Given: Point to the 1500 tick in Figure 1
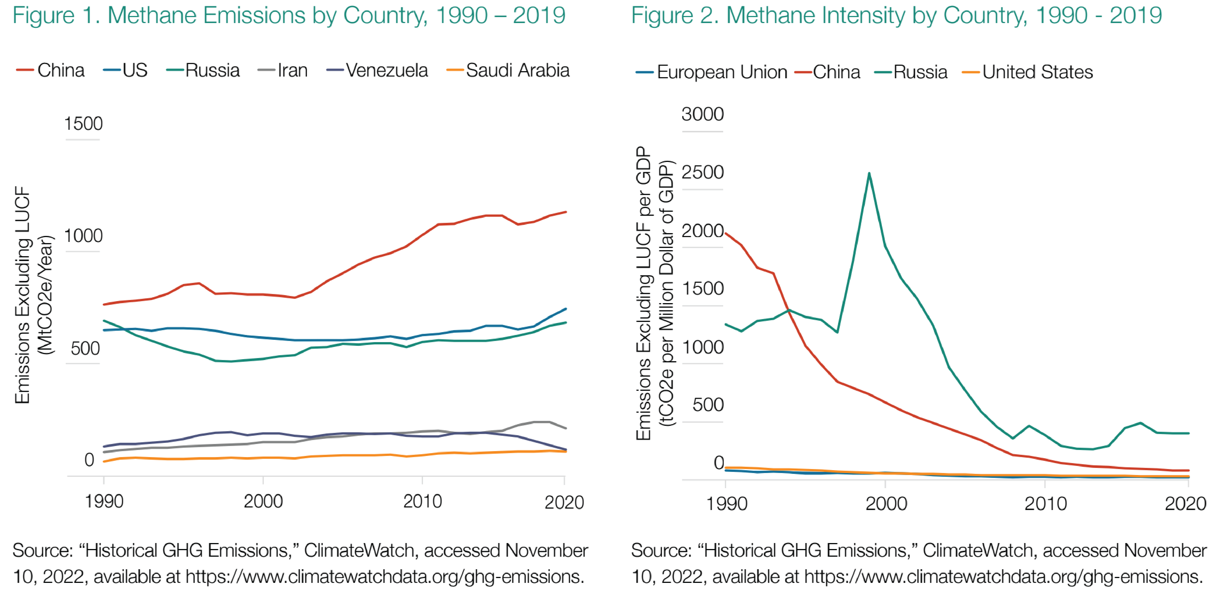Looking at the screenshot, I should click(83, 124).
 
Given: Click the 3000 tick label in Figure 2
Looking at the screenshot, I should click(702, 114).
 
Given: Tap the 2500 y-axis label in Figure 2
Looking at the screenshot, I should click(702, 172).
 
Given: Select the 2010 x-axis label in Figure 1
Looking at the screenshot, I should click(422, 501).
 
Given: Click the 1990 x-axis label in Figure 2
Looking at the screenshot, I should click(726, 504).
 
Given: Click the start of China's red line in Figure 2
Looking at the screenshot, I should click(725, 233).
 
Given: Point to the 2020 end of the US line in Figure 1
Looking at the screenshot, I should click(566, 309).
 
